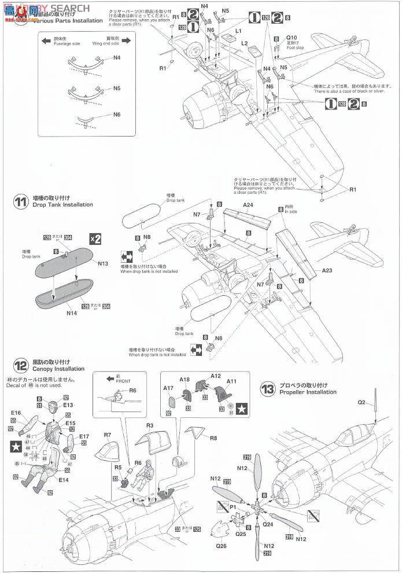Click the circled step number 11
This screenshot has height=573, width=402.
[x=21, y=202]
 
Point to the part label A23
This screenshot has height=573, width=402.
[x=327, y=270]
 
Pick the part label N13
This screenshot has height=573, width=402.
[x=103, y=263]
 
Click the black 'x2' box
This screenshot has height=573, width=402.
[x=95, y=239]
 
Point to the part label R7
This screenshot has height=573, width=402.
[x=108, y=435]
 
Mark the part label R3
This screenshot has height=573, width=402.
[x=149, y=425]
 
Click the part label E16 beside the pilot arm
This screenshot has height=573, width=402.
[x=16, y=413]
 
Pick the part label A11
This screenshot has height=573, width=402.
[x=232, y=382]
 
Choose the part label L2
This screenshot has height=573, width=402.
[x=245, y=43]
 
